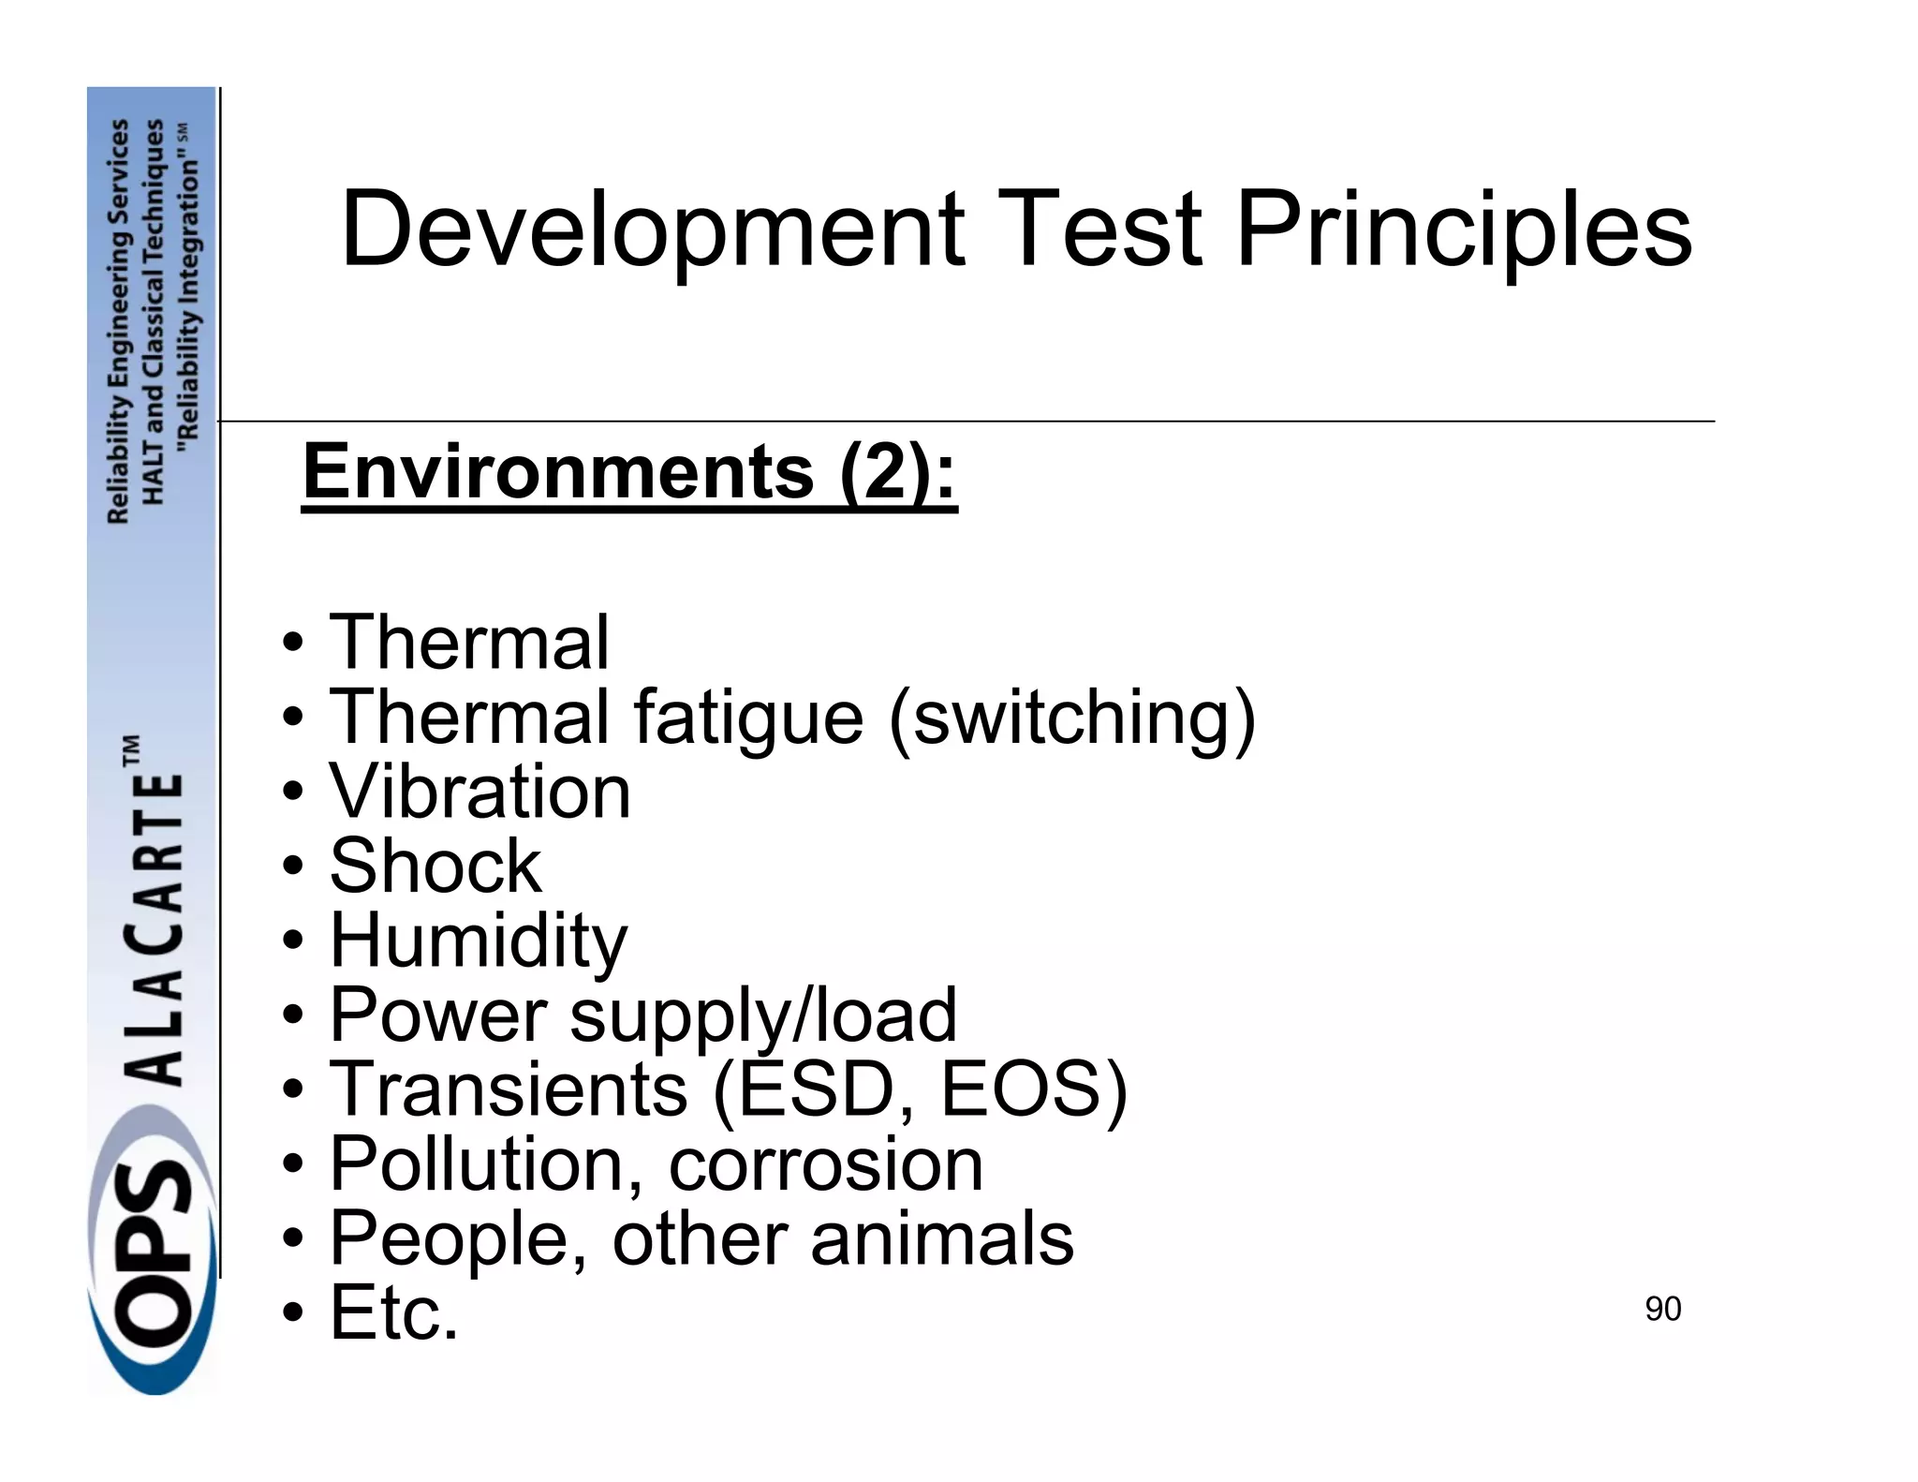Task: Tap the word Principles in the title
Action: (x=1464, y=230)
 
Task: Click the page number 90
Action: (x=1662, y=1309)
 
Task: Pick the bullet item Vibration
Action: (x=479, y=792)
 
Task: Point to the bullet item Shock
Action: (x=435, y=866)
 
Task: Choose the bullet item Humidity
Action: (x=478, y=941)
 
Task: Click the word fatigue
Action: (x=747, y=717)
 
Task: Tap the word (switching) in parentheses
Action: (x=1071, y=719)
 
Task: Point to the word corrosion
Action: (x=825, y=1164)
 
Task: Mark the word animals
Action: (x=942, y=1238)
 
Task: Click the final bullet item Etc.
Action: (x=393, y=1312)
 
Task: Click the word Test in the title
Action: (x=1102, y=230)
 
